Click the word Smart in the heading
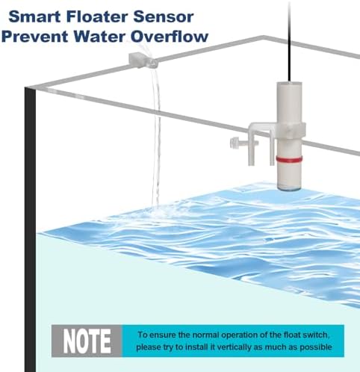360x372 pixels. [34, 16]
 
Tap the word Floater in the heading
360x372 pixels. [97, 16]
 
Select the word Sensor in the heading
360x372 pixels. [164, 16]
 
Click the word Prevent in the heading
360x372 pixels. [34, 37]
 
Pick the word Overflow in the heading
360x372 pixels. [170, 37]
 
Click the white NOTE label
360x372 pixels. [87, 341]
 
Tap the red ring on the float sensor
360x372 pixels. [289, 159]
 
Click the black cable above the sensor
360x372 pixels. [289, 41]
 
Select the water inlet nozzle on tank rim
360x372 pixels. [143, 61]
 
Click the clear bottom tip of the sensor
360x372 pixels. [290, 187]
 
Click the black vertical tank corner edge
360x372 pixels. [30, 229]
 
